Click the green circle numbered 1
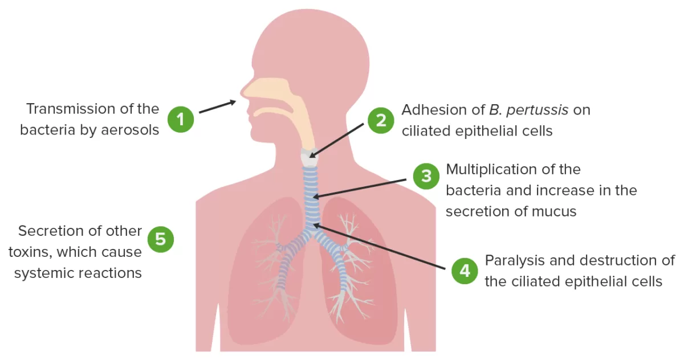[181, 120]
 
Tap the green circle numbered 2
[381, 120]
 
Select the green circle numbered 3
[426, 177]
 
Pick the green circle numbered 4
[465, 271]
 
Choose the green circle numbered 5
[160, 239]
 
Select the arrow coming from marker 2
[336, 140]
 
